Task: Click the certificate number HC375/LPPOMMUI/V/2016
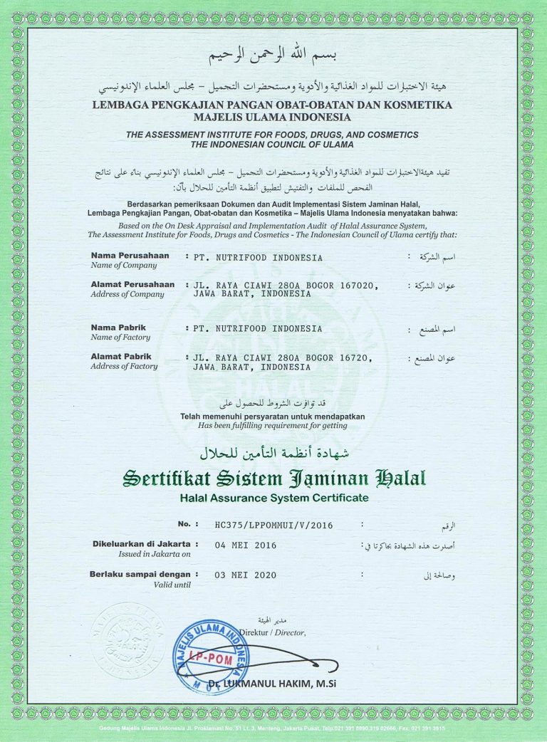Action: pos(273,526)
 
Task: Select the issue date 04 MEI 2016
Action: pos(245,545)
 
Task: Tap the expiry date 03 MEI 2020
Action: pos(245,575)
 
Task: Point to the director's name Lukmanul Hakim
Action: pos(328,684)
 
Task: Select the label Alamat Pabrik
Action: pos(121,356)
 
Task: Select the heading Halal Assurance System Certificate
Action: pos(274,496)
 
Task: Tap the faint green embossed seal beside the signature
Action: pos(128,639)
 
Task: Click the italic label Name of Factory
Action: pos(121,338)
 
